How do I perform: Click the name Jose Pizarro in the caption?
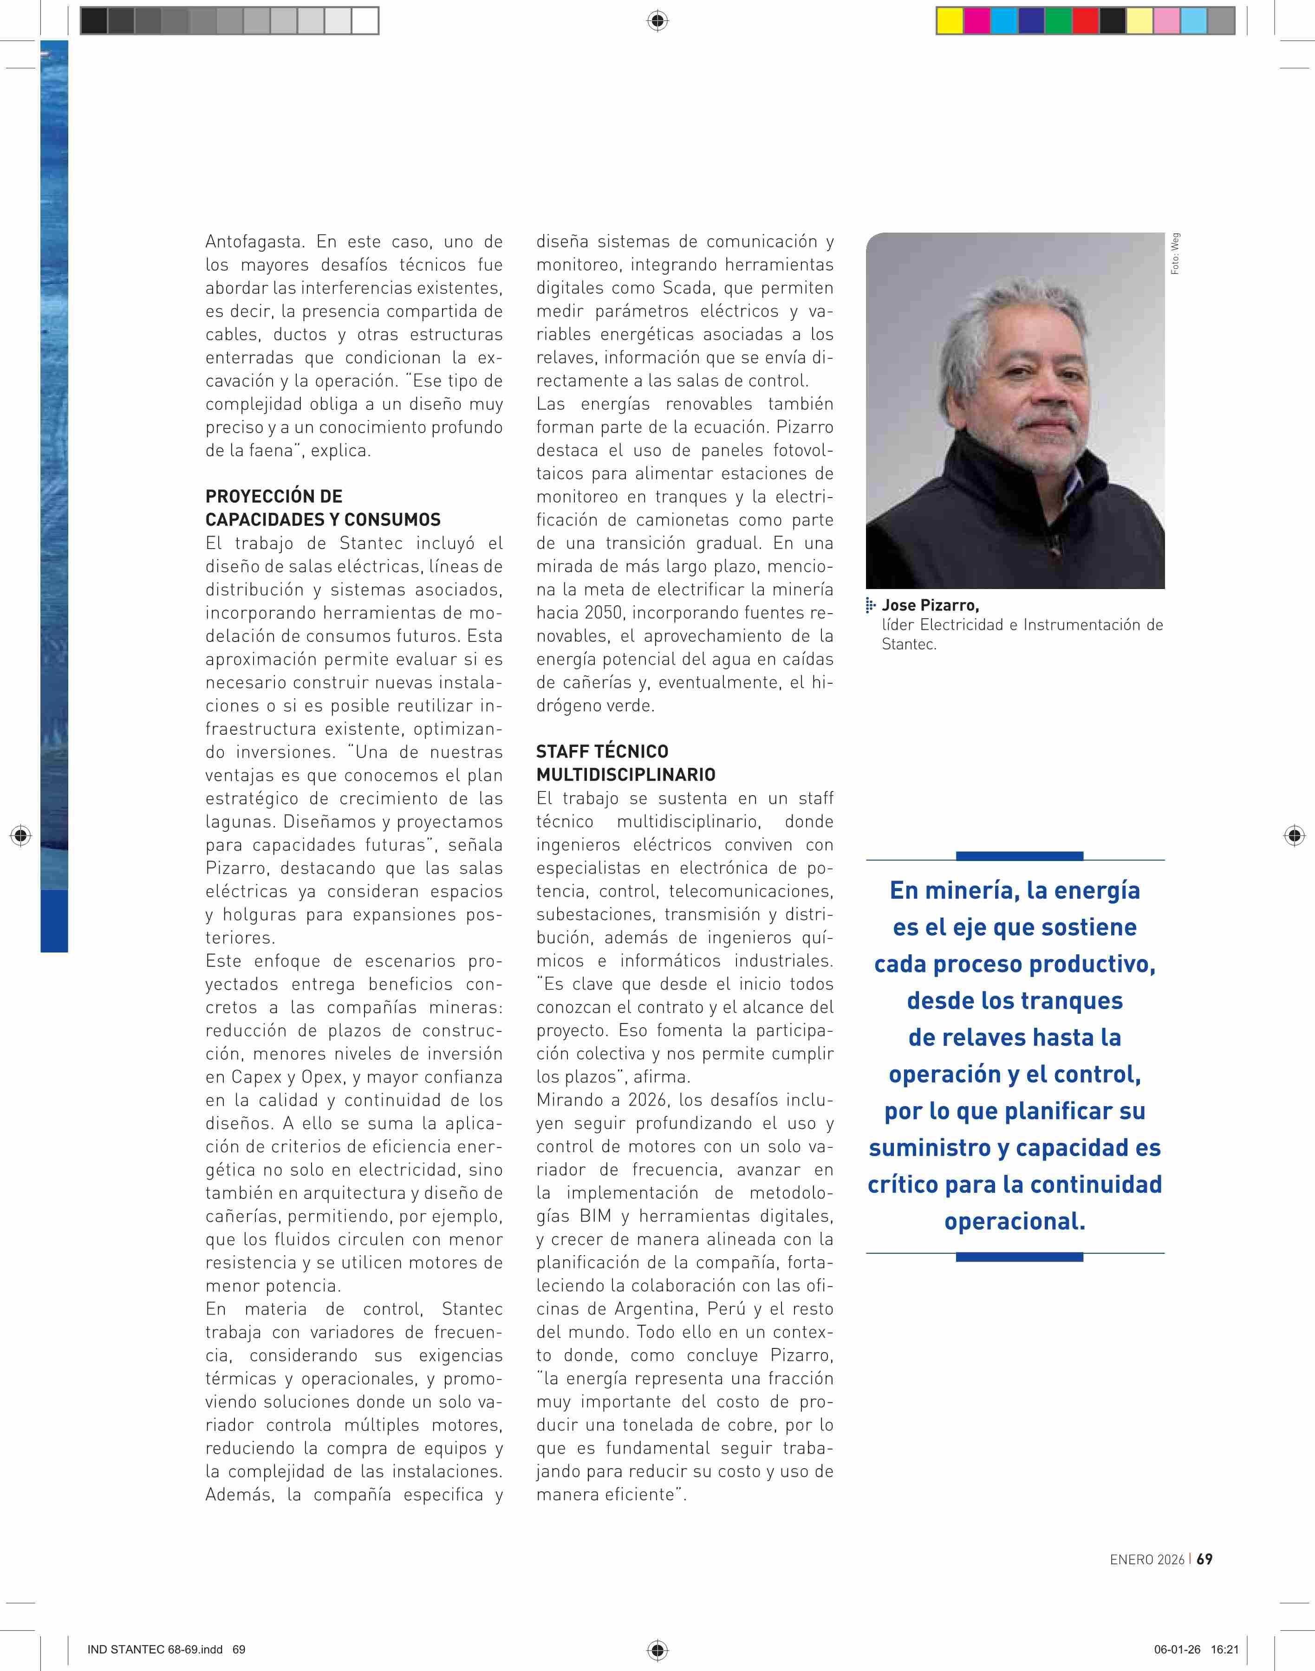[930, 605]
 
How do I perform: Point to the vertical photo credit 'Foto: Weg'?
[1175, 254]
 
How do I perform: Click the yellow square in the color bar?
[949, 21]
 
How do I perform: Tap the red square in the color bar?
[1085, 21]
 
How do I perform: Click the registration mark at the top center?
[657, 21]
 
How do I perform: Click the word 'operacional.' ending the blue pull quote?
[1015, 1222]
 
